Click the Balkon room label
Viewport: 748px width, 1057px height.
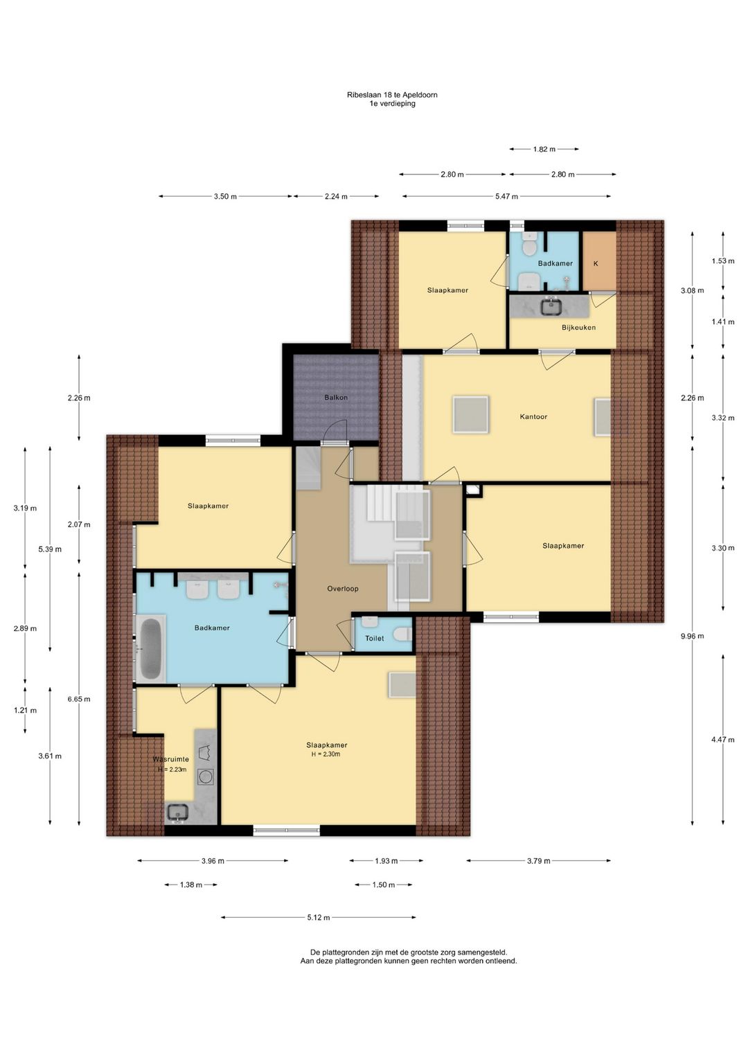pyautogui.click(x=335, y=398)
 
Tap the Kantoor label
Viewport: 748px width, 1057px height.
pyautogui.click(x=533, y=417)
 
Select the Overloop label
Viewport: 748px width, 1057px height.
pyautogui.click(x=343, y=589)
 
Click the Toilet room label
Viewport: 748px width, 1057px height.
pyautogui.click(x=374, y=639)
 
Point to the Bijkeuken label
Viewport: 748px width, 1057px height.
pyautogui.click(x=578, y=327)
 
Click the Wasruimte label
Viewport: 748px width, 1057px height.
pyautogui.click(x=171, y=759)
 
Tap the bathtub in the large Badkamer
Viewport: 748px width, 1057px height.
pyautogui.click(x=150, y=649)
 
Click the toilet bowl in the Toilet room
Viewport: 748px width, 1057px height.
pyautogui.click(x=402, y=634)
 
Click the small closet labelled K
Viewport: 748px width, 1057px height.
pyautogui.click(x=598, y=261)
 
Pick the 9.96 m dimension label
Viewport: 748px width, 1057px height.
pyautogui.click(x=692, y=636)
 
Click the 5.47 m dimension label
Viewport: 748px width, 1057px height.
pyautogui.click(x=506, y=196)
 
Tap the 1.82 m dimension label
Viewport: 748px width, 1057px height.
pyautogui.click(x=544, y=149)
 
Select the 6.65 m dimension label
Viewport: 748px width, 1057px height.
pyautogui.click(x=79, y=699)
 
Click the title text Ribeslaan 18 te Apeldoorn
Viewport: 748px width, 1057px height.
pyautogui.click(x=392, y=94)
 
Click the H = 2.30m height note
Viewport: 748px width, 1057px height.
pyautogui.click(x=326, y=754)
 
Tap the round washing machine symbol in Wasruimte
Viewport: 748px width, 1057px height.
pyautogui.click(x=206, y=776)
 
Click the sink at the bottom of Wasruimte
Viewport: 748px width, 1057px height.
pyautogui.click(x=179, y=812)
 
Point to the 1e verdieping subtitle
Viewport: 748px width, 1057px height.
pyautogui.click(x=392, y=103)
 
